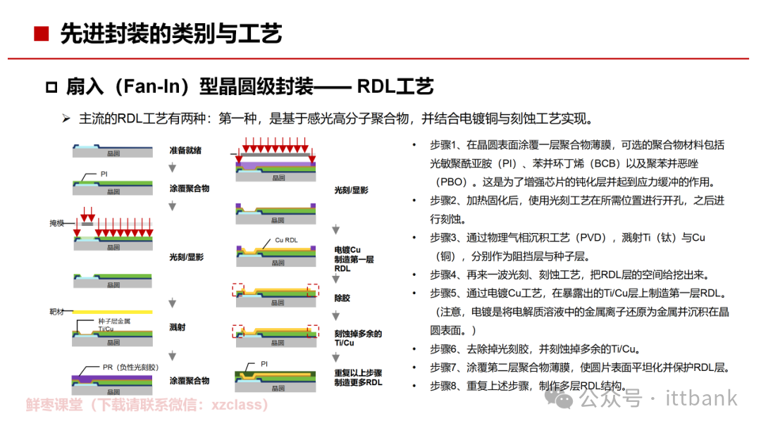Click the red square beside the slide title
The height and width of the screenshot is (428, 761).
click(42, 33)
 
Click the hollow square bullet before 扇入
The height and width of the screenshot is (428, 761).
click(51, 87)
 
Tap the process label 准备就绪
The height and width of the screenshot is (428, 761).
click(185, 151)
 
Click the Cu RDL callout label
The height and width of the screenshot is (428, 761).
click(286, 240)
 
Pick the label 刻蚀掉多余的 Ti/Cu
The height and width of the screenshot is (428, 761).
click(358, 338)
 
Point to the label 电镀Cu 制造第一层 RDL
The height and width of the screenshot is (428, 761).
click(354, 259)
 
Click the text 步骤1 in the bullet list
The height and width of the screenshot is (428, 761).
click(445, 145)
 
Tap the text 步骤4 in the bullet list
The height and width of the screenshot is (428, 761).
click(445, 275)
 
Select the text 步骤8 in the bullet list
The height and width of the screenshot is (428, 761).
click(445, 386)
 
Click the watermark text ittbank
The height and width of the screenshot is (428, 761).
click(700, 398)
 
